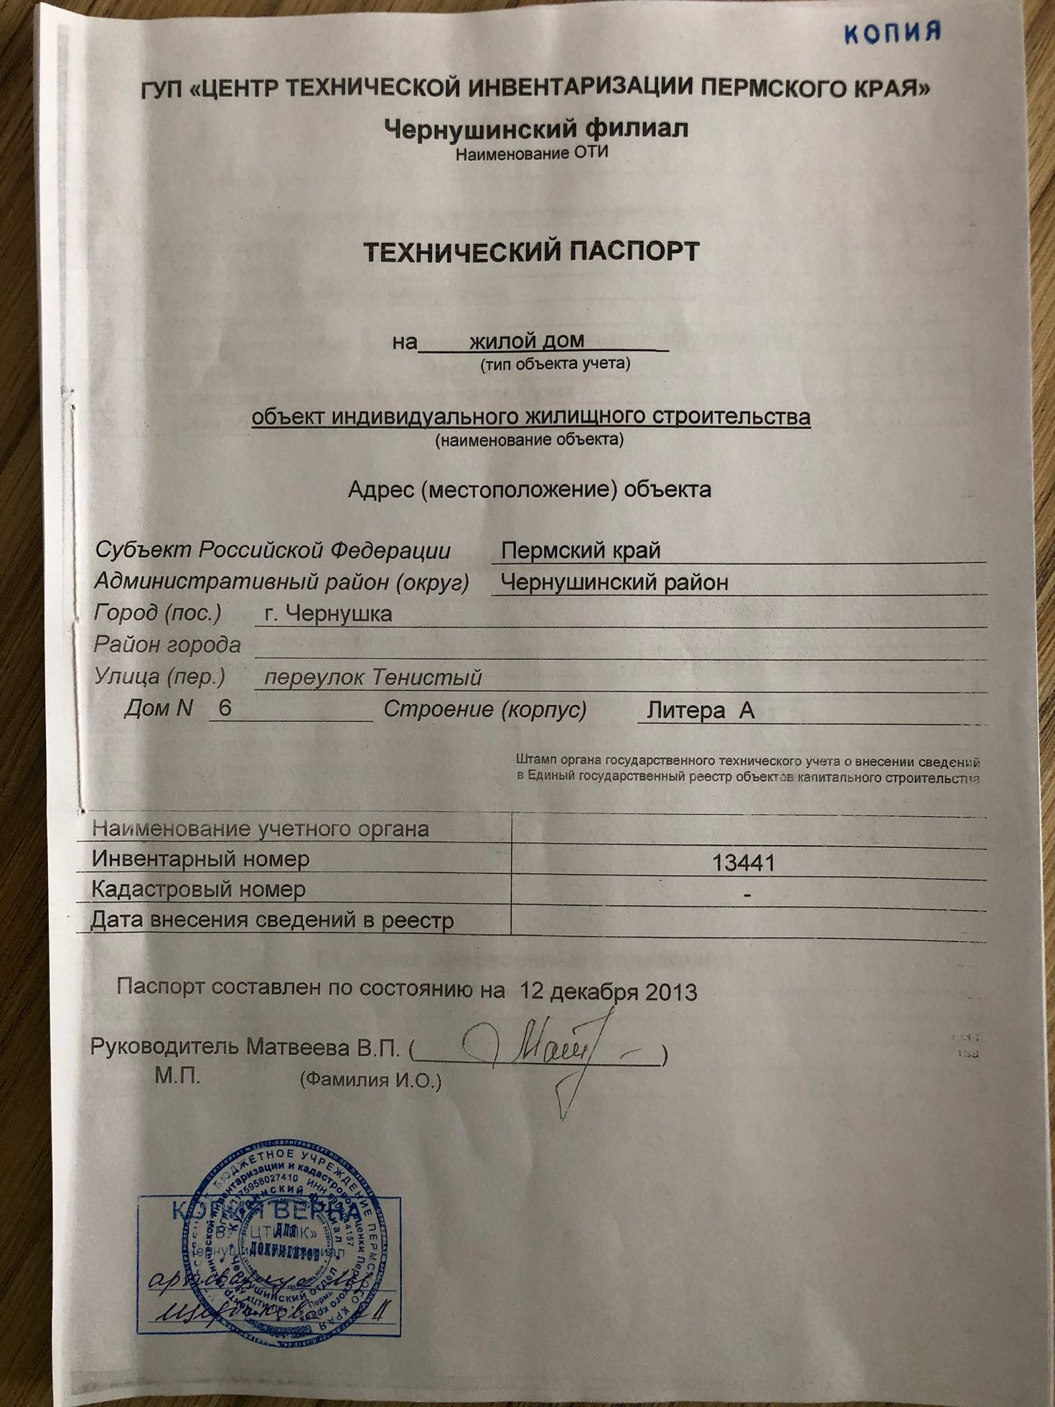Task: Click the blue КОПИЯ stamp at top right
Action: click(891, 32)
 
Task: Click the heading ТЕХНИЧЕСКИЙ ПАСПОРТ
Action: click(531, 252)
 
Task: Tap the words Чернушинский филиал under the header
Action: click(535, 128)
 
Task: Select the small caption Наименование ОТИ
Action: click(532, 153)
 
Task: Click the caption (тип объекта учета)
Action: click(555, 364)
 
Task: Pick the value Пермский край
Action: click(580, 551)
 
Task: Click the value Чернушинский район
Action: click(614, 581)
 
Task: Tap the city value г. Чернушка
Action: click(328, 614)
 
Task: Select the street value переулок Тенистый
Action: click(372, 677)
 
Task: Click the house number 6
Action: click(225, 709)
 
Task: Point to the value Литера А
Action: click(700, 711)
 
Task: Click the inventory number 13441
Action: click(744, 862)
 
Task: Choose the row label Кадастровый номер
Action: click(199, 889)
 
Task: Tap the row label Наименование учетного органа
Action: click(261, 828)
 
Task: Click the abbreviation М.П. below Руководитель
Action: click(177, 1076)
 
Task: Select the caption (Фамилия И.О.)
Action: click(371, 1080)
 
